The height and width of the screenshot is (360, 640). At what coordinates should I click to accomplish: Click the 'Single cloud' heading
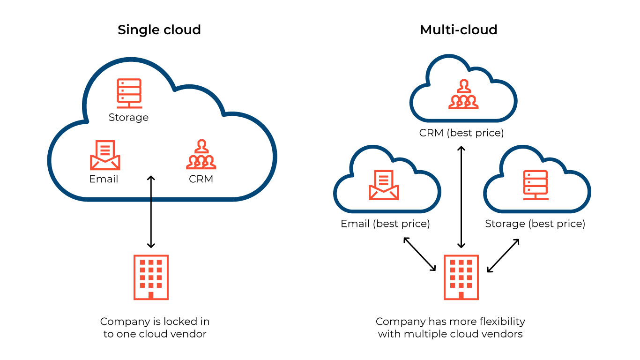point(159,30)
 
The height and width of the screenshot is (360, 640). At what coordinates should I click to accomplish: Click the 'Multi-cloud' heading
point(458,30)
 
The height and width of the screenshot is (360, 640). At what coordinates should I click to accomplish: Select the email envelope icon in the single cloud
point(105,155)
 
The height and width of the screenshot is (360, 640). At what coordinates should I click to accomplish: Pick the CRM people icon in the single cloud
point(201,154)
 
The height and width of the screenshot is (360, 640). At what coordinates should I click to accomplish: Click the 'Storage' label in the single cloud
point(128,117)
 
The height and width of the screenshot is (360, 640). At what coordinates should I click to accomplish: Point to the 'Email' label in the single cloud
point(104,179)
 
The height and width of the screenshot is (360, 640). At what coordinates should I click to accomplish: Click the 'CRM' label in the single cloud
point(201,179)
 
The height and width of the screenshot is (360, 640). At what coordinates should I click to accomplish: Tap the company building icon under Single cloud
point(151,277)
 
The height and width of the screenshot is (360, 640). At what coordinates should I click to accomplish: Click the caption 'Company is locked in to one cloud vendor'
point(155,328)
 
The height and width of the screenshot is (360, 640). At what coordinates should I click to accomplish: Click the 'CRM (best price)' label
point(461,133)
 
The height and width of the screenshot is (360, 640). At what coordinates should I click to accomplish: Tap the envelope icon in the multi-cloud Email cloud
point(384,185)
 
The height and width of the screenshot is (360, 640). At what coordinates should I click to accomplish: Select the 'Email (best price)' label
point(385,224)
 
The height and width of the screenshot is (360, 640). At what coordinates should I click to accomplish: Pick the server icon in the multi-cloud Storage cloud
point(535,185)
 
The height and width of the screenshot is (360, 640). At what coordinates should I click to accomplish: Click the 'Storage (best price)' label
point(535,224)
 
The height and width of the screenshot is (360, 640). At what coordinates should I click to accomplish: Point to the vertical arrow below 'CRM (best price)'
point(461,197)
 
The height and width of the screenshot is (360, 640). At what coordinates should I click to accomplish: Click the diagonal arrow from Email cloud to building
point(420,254)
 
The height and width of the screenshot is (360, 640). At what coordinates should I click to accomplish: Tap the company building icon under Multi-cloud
point(461,277)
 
